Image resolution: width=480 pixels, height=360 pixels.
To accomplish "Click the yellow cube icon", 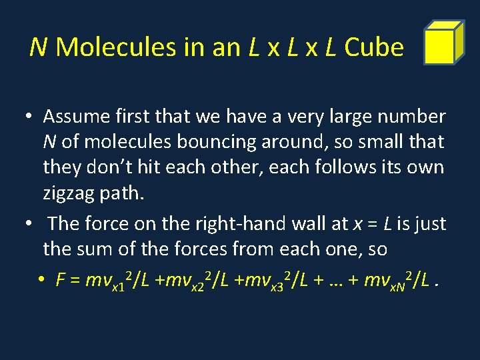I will coord(444,43).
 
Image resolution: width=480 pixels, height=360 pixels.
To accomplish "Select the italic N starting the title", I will coord(39,47).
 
